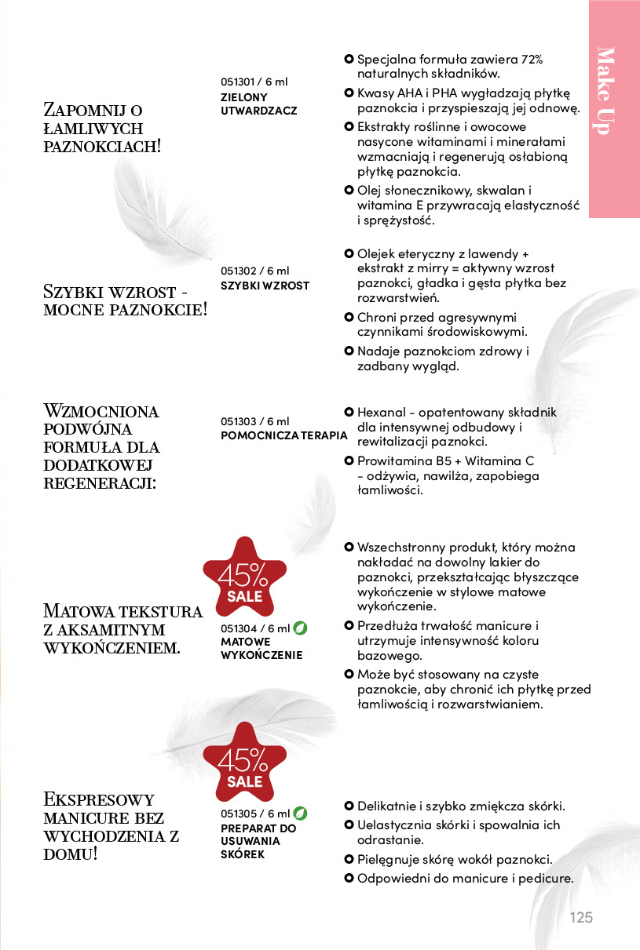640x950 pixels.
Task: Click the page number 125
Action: (x=581, y=918)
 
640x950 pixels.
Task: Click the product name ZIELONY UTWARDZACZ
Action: (x=259, y=104)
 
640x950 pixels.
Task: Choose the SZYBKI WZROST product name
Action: (x=265, y=286)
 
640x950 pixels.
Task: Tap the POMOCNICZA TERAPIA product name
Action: (x=283, y=435)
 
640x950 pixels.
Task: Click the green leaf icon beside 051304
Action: (x=300, y=628)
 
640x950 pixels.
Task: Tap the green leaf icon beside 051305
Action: (x=300, y=814)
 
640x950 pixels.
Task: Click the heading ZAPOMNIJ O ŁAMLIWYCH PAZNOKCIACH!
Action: (x=103, y=127)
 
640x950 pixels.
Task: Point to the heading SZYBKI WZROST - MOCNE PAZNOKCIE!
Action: (x=126, y=300)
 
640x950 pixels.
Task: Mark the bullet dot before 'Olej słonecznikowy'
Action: (x=349, y=191)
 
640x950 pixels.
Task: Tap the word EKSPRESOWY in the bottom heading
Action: (x=99, y=799)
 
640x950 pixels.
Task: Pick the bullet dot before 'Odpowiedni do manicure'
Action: (x=349, y=878)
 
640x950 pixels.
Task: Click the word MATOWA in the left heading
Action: (x=79, y=611)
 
